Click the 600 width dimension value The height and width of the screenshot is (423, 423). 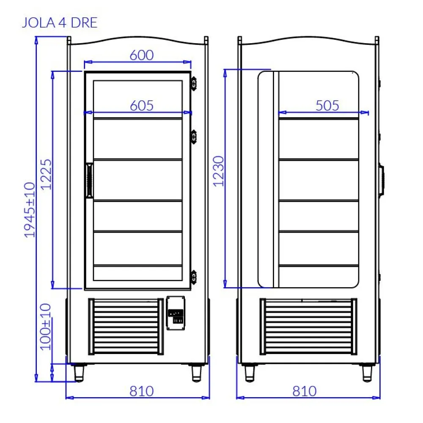click(x=141, y=55)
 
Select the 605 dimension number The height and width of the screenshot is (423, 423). click(x=141, y=105)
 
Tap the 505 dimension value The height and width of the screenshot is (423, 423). click(x=327, y=105)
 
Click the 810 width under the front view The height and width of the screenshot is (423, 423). click(x=141, y=391)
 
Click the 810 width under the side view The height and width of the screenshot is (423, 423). click(x=304, y=391)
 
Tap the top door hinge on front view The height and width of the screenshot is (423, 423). click(x=194, y=83)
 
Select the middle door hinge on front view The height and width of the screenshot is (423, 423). click(x=194, y=136)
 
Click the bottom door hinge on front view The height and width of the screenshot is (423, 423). click(x=194, y=276)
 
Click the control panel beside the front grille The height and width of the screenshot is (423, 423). click(x=176, y=313)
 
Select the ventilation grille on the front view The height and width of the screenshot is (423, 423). click(x=126, y=326)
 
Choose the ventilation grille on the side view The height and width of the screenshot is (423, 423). click(x=307, y=326)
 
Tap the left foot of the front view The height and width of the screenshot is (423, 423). click(x=80, y=372)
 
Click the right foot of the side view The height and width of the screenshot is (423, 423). click(x=366, y=372)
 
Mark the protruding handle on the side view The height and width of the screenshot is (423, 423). click(x=382, y=180)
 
